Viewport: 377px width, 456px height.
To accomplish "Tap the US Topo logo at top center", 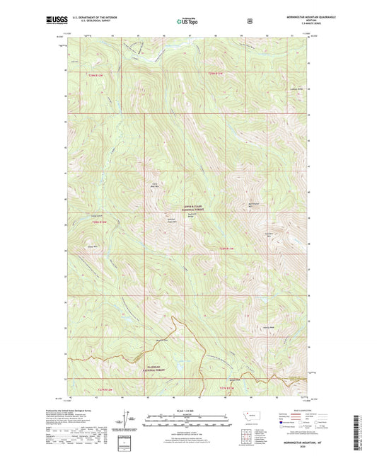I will (x=186, y=21).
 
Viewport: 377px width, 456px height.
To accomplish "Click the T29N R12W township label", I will (x=101, y=74).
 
